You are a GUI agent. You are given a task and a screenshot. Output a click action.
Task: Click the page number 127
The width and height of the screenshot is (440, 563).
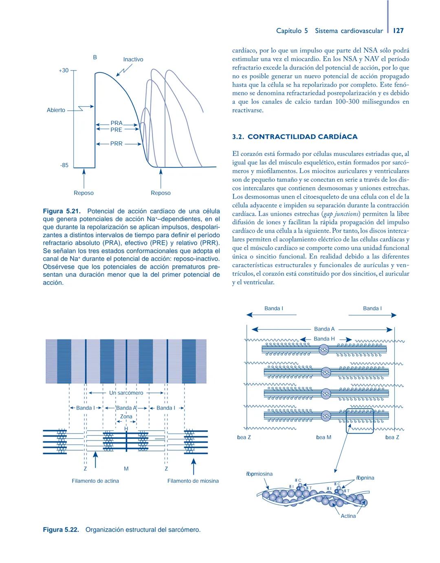[x=398, y=31]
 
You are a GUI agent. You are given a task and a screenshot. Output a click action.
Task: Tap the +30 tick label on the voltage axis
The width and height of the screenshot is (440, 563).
[x=64, y=70]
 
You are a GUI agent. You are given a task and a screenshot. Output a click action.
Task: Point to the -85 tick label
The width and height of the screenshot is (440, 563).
[x=64, y=165]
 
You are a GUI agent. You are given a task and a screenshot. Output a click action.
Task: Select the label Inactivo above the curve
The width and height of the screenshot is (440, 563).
[x=133, y=59]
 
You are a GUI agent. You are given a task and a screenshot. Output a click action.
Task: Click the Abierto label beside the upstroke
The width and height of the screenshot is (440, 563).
[x=56, y=110]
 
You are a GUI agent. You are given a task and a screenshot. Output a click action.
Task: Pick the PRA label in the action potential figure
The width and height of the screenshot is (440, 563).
[x=116, y=123]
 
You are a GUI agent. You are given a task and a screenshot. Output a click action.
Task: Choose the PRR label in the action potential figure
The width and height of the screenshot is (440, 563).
[x=116, y=144]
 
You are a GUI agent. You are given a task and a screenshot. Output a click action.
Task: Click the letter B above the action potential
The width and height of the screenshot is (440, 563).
[x=95, y=57]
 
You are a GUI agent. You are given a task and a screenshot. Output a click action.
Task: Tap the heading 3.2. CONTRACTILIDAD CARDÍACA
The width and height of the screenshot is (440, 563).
[x=295, y=137]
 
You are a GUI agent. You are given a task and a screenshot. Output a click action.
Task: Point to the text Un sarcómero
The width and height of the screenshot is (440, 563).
[x=126, y=393]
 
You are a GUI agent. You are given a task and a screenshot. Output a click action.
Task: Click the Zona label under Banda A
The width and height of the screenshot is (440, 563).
[x=126, y=416]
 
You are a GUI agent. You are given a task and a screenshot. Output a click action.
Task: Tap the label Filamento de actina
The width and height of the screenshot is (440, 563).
[x=95, y=481]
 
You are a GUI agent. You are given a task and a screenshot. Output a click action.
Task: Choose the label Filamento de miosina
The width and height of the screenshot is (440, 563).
[x=193, y=481]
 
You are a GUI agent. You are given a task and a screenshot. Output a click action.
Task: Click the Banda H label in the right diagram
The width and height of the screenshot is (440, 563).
[x=324, y=339]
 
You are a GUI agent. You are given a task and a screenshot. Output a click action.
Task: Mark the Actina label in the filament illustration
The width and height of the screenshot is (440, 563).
[x=348, y=516]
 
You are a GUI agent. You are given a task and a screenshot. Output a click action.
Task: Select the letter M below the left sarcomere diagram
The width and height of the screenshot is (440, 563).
[x=126, y=469]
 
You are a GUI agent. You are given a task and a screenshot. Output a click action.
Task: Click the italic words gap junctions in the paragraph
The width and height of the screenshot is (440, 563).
[x=341, y=214]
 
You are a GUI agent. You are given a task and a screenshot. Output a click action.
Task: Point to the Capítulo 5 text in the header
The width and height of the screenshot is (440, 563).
[x=292, y=31]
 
